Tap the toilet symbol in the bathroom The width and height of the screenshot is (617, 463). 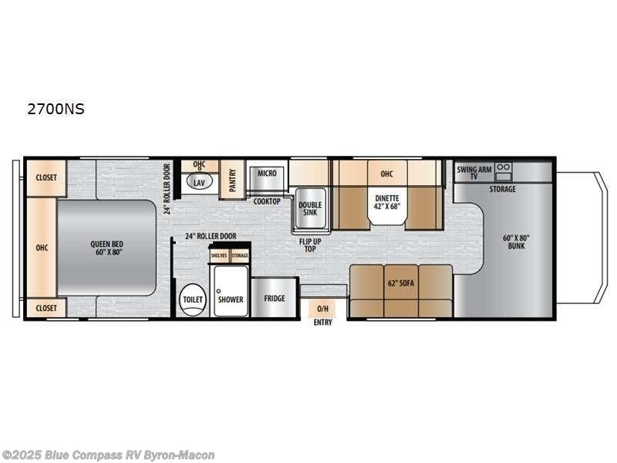point(190,299)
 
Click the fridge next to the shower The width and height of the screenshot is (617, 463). point(274,297)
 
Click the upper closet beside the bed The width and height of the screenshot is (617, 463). point(46,177)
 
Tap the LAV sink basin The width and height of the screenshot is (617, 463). point(200,183)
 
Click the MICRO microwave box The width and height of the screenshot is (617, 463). point(267,174)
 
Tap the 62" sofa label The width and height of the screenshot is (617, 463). point(401,283)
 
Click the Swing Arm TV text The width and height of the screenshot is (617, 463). point(474,171)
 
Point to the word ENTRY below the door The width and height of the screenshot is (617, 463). point(322,323)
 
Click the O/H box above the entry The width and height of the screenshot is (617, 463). point(322,308)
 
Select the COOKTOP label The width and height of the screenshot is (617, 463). point(267,201)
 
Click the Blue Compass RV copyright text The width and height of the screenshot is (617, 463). point(108,455)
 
